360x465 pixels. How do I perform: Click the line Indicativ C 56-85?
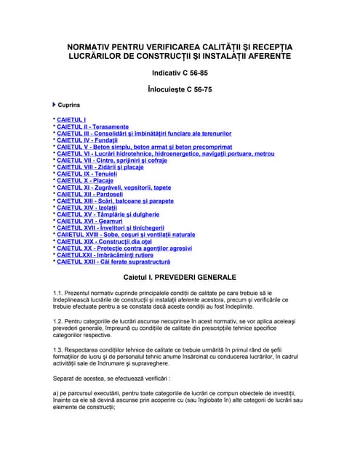click(x=179, y=73)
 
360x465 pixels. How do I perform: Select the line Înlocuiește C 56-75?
click(x=179, y=90)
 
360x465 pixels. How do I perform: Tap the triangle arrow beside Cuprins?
click(x=55, y=105)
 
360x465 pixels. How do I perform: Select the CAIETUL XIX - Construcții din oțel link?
click(x=101, y=242)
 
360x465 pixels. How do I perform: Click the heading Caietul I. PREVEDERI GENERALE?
click(x=180, y=278)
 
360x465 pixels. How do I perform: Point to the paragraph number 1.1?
click(x=59, y=293)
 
